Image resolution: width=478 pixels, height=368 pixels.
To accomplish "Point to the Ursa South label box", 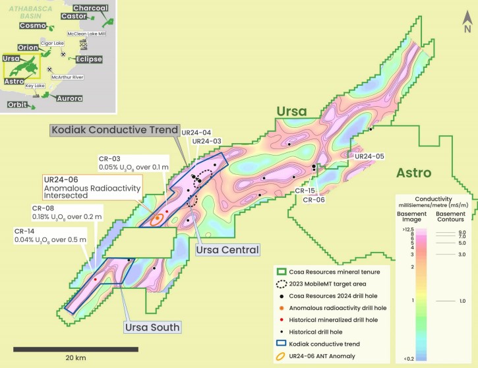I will [152, 326].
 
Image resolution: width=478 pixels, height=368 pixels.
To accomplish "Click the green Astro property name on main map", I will [414, 173].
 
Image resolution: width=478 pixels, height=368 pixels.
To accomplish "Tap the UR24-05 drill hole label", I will [369, 156].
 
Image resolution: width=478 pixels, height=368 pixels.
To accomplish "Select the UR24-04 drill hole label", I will [198, 133].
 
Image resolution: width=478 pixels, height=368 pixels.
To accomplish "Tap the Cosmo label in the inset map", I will [33, 26].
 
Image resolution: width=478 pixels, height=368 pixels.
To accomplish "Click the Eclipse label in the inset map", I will [89, 59].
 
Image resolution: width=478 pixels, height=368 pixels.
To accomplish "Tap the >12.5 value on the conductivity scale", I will [404, 228].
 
